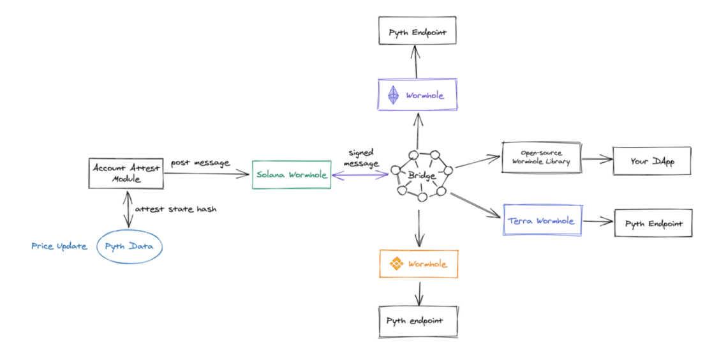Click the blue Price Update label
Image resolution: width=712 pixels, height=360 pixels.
[x=59, y=246]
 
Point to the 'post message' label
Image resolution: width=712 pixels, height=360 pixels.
[x=200, y=163]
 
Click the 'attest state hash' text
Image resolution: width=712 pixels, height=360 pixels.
[x=175, y=209]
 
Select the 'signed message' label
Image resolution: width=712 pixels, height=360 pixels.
[x=361, y=158]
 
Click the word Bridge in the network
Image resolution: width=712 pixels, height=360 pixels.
[x=421, y=175]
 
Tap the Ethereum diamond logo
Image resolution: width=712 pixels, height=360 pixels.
[x=393, y=96]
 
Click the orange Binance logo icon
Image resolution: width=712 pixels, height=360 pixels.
[x=396, y=264]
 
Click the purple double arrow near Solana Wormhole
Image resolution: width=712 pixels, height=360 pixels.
[x=360, y=174]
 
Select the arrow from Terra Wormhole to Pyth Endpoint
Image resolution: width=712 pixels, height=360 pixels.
[x=598, y=221]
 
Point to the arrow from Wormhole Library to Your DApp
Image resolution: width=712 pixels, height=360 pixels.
[x=597, y=159]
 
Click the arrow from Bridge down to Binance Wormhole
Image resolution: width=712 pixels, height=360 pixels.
[x=419, y=228]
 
